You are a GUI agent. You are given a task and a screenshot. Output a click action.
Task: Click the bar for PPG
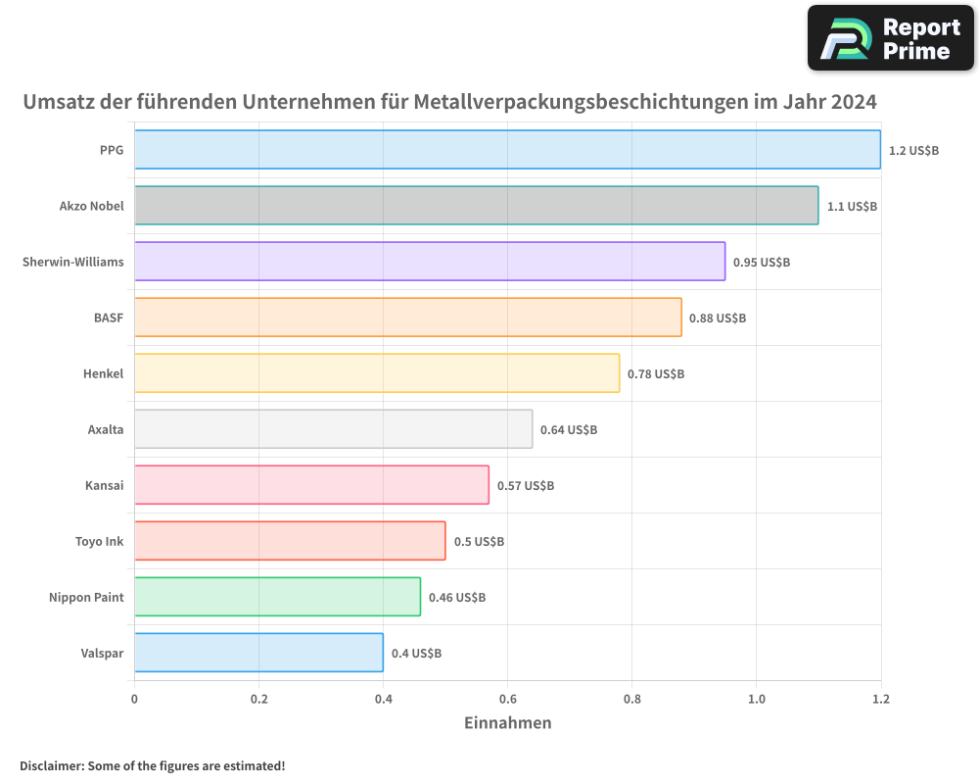click(x=507, y=150)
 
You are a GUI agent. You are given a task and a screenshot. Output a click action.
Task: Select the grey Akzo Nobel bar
click(x=476, y=206)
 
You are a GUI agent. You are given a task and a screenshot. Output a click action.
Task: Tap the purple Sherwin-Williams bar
click(x=430, y=262)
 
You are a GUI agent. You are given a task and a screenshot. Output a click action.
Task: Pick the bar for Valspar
click(x=258, y=653)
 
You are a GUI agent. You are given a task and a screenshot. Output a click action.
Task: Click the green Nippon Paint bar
click(x=277, y=597)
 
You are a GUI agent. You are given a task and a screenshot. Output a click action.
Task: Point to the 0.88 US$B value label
click(x=718, y=318)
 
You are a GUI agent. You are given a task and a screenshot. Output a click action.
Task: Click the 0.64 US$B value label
click(x=569, y=430)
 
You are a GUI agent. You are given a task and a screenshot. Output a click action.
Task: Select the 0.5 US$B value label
click(x=479, y=542)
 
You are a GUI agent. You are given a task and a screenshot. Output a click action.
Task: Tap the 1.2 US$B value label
click(x=913, y=151)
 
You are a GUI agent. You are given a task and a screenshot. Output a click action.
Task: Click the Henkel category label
click(x=104, y=374)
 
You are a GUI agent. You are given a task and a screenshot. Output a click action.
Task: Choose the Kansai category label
click(x=105, y=486)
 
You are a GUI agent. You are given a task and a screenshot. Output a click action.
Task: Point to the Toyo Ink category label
click(x=100, y=542)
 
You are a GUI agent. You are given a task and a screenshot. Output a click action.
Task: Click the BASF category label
click(x=109, y=318)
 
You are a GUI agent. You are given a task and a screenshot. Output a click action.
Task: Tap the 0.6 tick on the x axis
click(x=507, y=700)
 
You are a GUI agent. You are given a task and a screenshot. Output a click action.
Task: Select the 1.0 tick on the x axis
click(x=756, y=700)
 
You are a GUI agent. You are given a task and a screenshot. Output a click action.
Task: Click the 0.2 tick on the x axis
click(x=258, y=700)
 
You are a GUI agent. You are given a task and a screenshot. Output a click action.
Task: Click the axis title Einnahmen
click(x=507, y=723)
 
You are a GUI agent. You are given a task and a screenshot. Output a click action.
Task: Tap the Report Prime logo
click(x=890, y=38)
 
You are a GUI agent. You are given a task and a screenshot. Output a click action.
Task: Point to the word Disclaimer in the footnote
click(x=50, y=766)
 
